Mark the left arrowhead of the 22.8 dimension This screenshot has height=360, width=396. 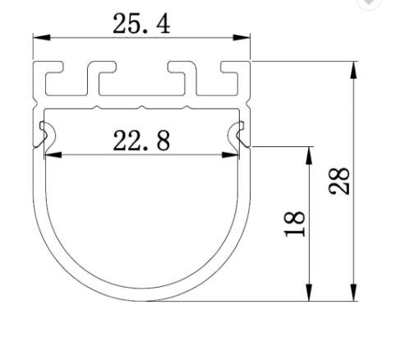(x=52, y=154)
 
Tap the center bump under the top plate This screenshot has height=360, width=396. (x=142, y=108)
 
